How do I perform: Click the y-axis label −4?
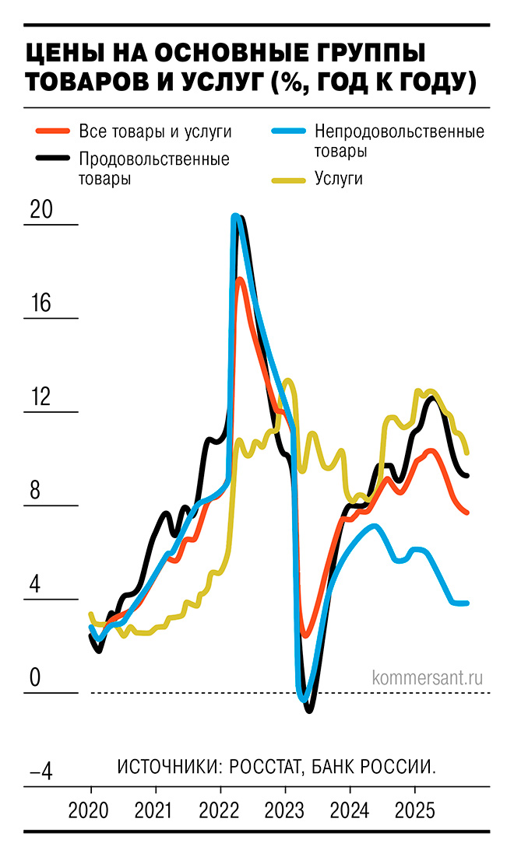tap(40, 772)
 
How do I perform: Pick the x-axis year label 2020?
tap(90, 811)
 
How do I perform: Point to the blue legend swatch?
tap(287, 131)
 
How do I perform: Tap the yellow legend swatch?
tap(287, 180)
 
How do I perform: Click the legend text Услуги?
tap(340, 180)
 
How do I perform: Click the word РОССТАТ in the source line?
tap(262, 766)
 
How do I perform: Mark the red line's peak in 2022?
tap(241, 279)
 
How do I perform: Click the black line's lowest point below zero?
tap(309, 709)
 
